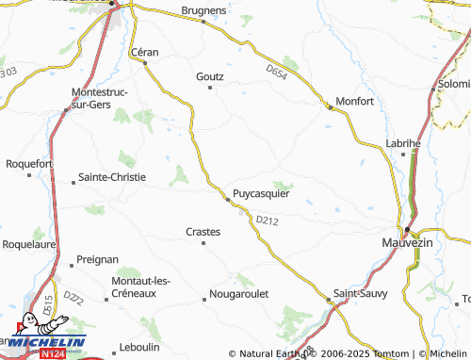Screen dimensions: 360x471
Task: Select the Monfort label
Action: coord(356,101)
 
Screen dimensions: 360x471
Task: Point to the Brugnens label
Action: coord(203,10)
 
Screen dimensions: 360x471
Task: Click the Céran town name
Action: coord(144,52)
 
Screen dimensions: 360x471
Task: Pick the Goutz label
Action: coord(209,75)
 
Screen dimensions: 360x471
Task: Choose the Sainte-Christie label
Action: coord(112,177)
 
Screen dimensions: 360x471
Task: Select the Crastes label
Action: coord(203,231)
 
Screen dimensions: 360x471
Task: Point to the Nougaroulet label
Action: coord(240,294)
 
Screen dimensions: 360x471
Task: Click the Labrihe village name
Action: coord(403,142)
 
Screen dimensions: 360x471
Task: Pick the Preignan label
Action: coord(98,258)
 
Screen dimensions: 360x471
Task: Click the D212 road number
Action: coord(268,221)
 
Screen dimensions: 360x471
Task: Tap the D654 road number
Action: coord(276,72)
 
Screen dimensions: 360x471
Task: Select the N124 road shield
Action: coord(53,354)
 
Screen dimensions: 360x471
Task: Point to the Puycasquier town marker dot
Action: coord(226,199)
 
